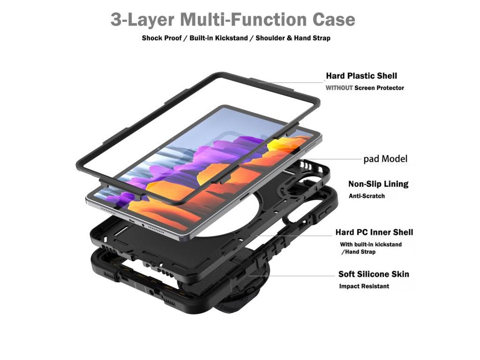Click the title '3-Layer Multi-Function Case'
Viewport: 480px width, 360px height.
point(232,20)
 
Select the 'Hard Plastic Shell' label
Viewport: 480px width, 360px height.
point(361,76)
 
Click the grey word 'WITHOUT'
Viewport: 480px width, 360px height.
point(339,88)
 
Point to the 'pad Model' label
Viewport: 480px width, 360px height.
point(385,159)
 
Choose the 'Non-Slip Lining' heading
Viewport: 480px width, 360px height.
point(378,184)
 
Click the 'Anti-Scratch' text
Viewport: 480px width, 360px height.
point(367,196)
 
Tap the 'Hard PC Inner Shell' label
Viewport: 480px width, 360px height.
point(374,232)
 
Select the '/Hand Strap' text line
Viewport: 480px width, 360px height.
point(358,252)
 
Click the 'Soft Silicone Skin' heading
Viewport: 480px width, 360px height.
point(374,274)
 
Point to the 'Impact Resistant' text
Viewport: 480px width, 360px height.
point(364,286)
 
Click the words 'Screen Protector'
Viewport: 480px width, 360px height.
point(379,88)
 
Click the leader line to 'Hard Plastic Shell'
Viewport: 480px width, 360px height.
point(291,82)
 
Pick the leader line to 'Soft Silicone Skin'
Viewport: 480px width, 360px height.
point(291,275)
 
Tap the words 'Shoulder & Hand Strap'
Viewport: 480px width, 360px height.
point(292,38)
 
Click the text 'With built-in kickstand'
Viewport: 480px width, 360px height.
point(371,244)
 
